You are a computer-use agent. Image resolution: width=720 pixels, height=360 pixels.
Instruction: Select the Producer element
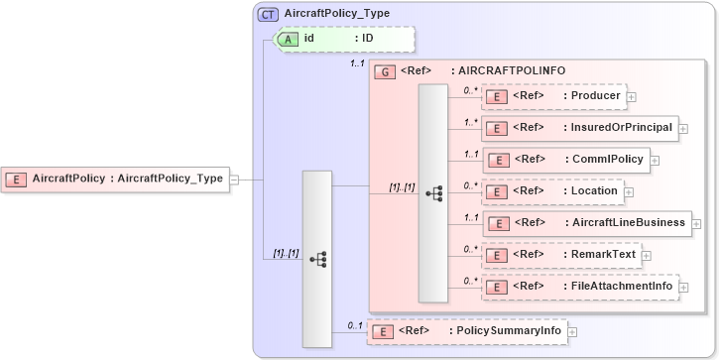pyautogui.click(x=553, y=95)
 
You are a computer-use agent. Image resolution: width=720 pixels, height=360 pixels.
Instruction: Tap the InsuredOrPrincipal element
pyautogui.click(x=578, y=128)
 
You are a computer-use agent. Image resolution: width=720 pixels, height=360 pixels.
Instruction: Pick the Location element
pyautogui.click(x=551, y=190)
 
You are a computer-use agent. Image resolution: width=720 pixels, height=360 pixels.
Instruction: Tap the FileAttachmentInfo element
pyautogui.click(x=578, y=287)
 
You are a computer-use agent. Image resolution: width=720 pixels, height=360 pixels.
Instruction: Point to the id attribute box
pyautogui.click(x=342, y=39)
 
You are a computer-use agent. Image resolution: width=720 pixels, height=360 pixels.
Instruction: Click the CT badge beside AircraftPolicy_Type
pyautogui.click(x=269, y=14)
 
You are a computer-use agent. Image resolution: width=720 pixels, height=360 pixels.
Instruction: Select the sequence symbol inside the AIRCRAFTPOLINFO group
pyautogui.click(x=433, y=193)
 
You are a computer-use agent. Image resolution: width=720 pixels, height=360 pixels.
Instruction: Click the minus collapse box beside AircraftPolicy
pyautogui.click(x=235, y=180)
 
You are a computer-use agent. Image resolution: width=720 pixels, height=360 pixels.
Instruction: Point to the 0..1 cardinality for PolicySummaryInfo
pyautogui.click(x=354, y=323)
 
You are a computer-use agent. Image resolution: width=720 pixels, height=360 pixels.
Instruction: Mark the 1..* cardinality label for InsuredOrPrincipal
pyautogui.click(x=470, y=122)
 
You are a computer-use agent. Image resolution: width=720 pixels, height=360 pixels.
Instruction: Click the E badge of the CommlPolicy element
pyautogui.click(x=502, y=159)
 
